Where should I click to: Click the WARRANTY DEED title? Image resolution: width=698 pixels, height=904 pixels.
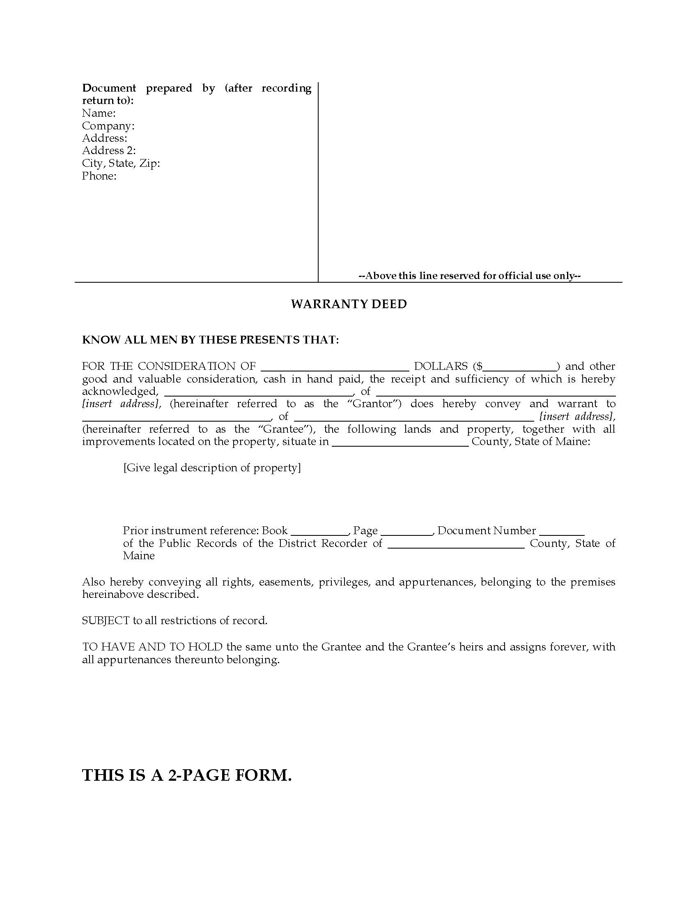[x=349, y=304]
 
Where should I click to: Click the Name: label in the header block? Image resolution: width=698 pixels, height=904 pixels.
[x=99, y=113]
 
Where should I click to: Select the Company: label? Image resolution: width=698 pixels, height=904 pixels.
[x=108, y=126]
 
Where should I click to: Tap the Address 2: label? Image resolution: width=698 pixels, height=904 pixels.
[x=109, y=151]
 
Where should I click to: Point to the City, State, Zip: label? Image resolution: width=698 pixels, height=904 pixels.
[x=121, y=164]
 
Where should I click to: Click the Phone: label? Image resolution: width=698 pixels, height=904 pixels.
[x=99, y=176]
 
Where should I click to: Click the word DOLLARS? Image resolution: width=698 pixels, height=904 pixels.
[x=441, y=366]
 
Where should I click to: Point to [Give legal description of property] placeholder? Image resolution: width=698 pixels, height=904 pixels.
[x=212, y=468]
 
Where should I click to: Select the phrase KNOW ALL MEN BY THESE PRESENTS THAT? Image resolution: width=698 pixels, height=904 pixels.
[x=211, y=340]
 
